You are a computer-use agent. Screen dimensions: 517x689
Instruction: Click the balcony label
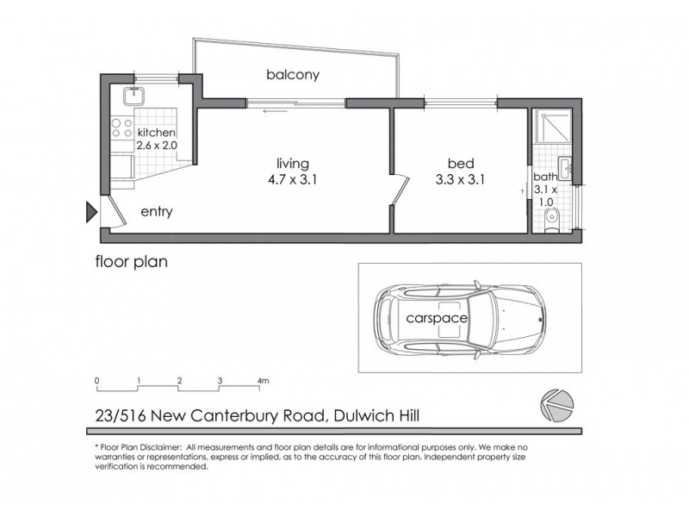(293, 75)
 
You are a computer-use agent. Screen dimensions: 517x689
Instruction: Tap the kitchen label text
(156, 133)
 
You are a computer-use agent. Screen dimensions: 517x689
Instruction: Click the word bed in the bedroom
(458, 164)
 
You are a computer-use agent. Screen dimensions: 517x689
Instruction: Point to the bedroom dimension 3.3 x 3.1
(458, 180)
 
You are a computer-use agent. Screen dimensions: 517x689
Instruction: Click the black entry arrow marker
(90, 211)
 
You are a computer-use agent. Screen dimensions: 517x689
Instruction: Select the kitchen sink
(137, 95)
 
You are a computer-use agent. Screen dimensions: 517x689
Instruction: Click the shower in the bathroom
(551, 128)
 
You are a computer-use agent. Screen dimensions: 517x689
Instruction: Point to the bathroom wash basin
(565, 165)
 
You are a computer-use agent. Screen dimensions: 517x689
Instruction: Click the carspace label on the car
(437, 318)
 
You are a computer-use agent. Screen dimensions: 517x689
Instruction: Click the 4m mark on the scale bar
(263, 380)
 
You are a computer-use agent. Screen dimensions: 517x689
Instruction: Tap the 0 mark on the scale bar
(97, 380)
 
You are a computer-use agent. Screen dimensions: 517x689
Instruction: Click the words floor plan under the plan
(131, 259)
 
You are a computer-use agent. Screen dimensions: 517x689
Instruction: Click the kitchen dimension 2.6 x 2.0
(156, 146)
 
